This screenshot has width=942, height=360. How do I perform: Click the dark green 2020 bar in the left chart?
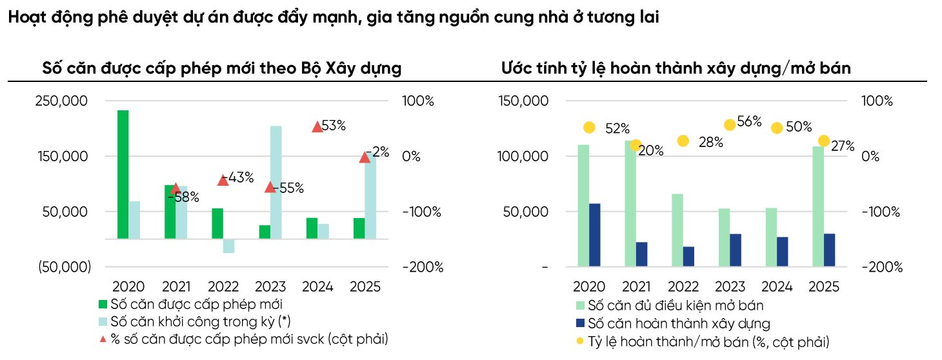[x=123, y=174]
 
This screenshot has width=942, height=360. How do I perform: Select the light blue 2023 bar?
[x=276, y=182]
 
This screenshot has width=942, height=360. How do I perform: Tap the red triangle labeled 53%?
[x=317, y=127]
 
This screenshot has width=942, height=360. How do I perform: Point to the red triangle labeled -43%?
[x=223, y=181]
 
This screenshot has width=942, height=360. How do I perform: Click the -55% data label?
[x=288, y=188]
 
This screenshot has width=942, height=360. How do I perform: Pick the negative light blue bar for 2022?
[x=228, y=246]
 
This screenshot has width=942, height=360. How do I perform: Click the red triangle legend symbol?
[x=103, y=339]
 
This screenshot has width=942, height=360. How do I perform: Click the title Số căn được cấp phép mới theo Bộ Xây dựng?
[x=222, y=68]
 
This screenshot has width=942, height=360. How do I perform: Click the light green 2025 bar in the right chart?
[x=817, y=206]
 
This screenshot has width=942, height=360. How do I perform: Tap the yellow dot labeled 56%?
[x=730, y=125]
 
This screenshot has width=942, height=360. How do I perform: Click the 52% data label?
[x=617, y=129]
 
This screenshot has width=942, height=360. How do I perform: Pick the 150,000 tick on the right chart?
[x=525, y=101]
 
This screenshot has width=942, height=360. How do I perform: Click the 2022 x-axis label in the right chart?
[x=683, y=287]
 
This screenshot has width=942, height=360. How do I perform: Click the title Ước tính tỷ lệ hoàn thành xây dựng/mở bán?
[x=676, y=68]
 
